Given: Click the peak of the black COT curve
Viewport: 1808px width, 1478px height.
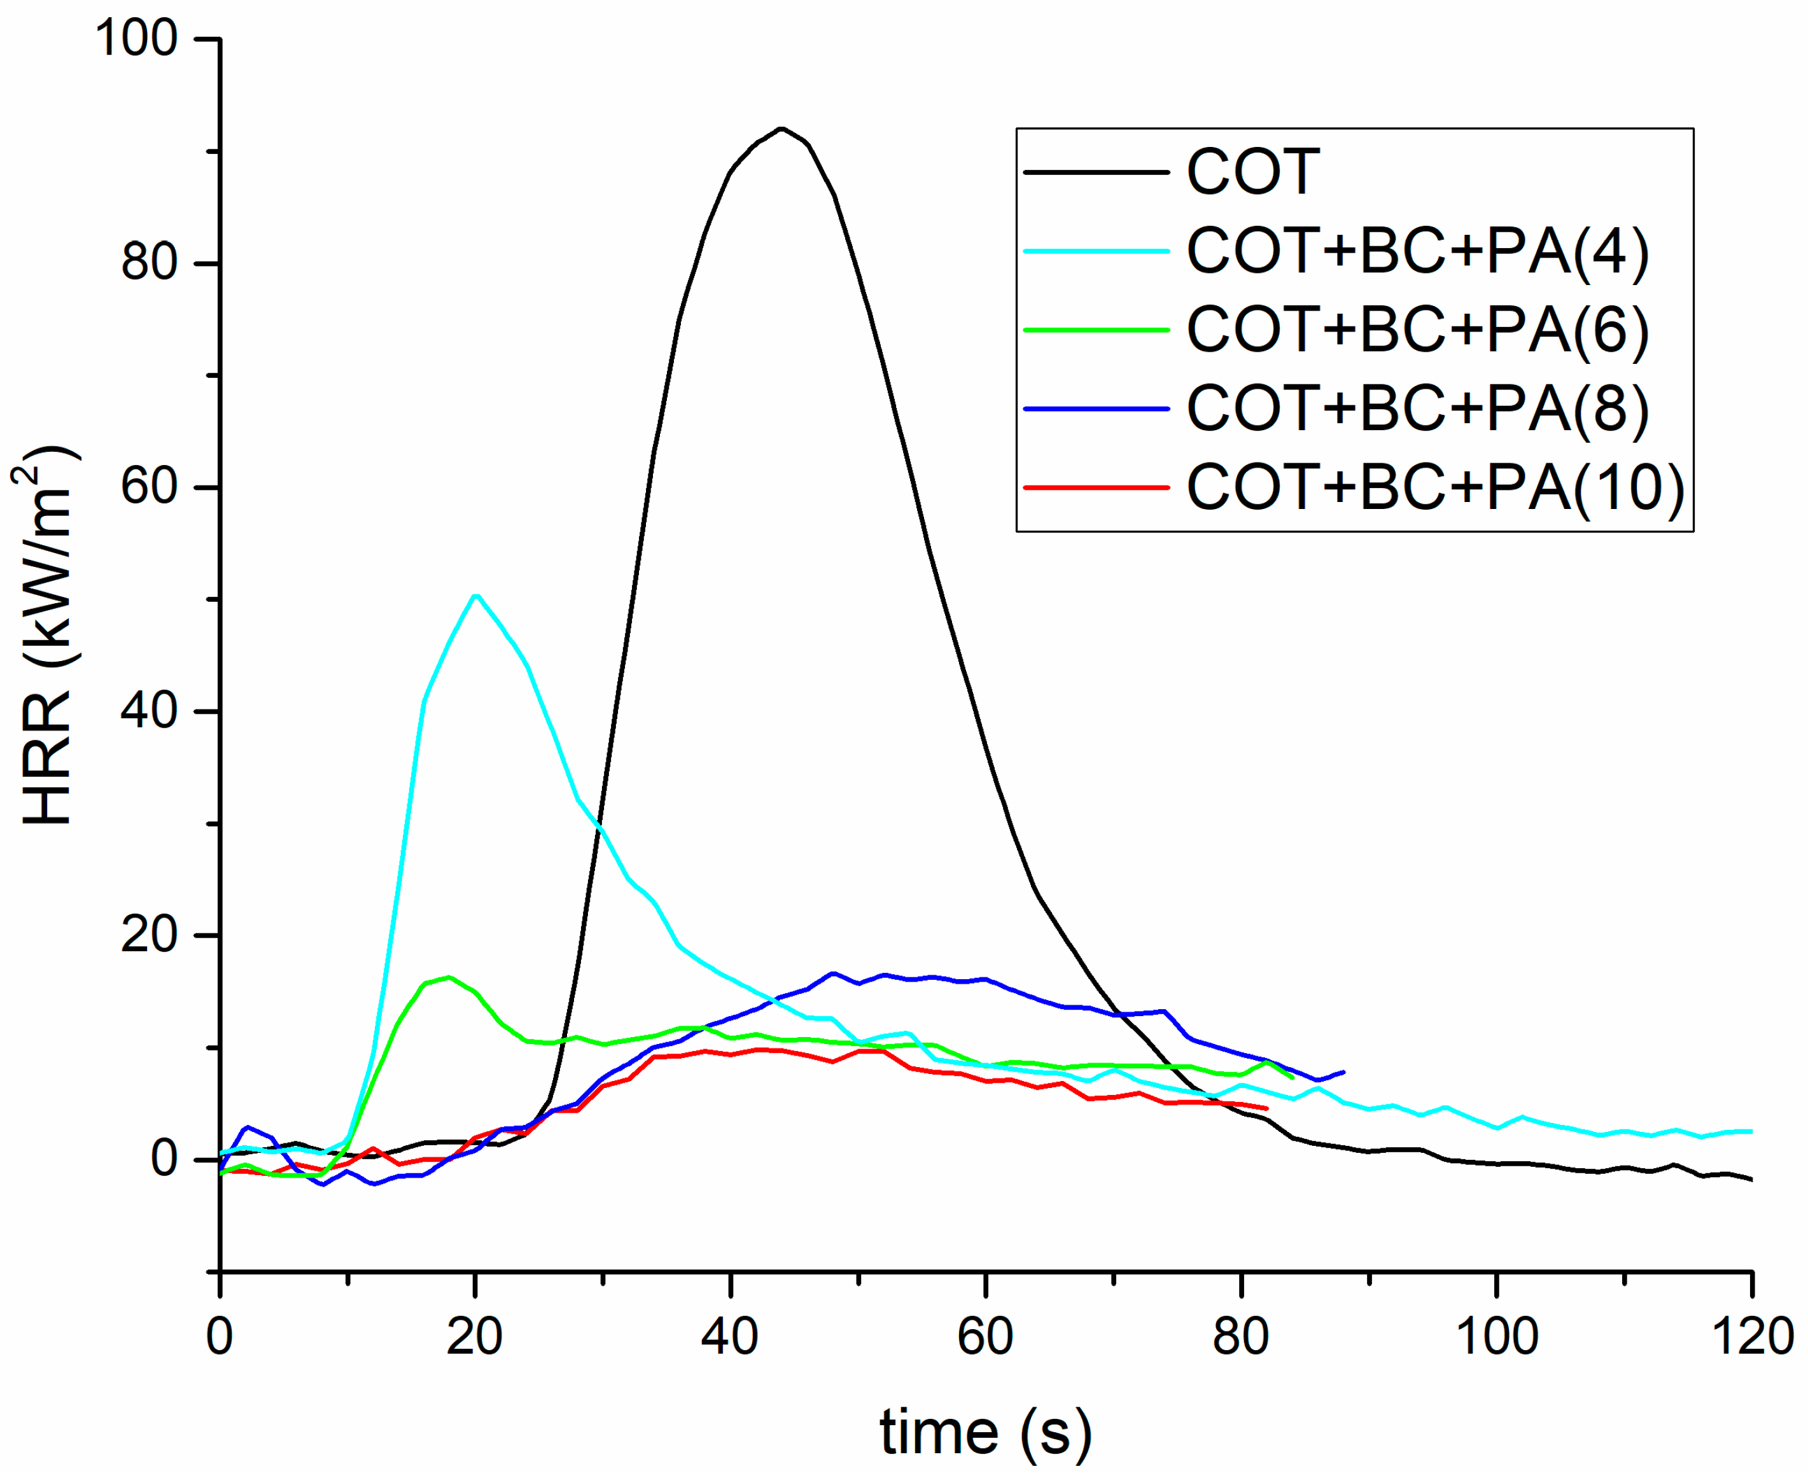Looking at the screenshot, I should tap(781, 129).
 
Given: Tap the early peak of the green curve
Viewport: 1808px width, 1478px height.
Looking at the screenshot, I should tap(449, 977).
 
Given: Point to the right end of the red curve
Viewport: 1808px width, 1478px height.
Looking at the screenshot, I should tap(1267, 1108).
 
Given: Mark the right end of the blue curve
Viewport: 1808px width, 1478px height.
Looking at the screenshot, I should tap(1344, 1072).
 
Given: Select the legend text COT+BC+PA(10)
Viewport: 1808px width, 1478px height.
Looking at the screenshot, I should tap(1435, 488).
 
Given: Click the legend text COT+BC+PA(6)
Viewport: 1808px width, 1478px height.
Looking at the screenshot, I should tap(1417, 330).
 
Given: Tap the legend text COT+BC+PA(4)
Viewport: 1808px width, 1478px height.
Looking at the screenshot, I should tap(1417, 251).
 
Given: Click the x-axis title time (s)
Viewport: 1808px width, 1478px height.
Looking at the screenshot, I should tap(985, 1432).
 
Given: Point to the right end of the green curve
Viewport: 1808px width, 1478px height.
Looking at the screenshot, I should tap(1293, 1078).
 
